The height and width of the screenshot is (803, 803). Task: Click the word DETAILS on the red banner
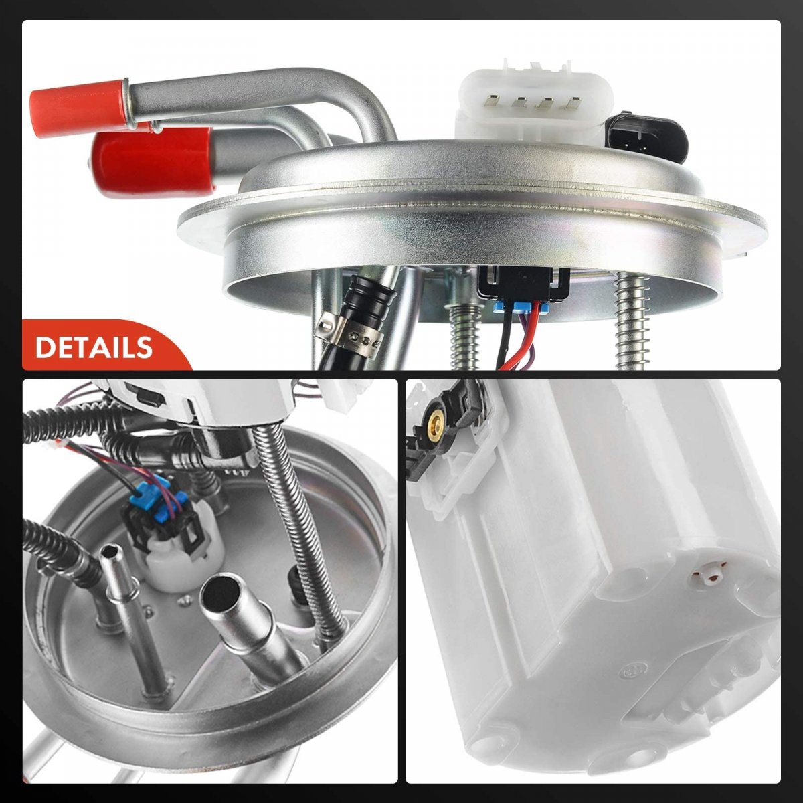pos(94,347)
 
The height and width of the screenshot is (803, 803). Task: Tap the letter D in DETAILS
pos(44,347)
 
